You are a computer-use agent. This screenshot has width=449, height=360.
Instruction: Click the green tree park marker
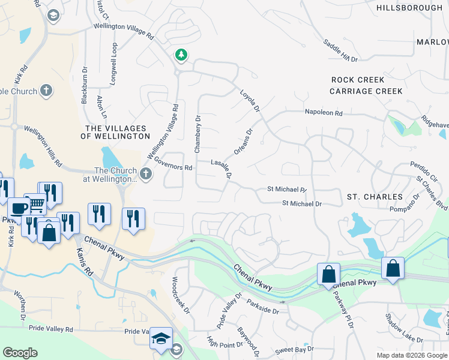[181, 55]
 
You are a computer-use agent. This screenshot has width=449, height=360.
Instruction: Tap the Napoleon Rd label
[323, 112]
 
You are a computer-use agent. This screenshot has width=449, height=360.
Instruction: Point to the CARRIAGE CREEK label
[366, 91]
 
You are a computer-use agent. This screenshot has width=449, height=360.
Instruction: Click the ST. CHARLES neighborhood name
[375, 197]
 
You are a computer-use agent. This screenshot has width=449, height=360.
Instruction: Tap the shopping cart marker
[35, 205]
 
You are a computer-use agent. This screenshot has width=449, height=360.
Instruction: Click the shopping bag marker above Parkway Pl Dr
[328, 274]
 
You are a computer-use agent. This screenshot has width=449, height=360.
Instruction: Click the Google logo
[20, 353]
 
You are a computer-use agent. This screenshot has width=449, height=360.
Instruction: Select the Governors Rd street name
[172, 163]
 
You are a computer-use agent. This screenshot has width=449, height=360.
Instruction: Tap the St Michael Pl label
[287, 189]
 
